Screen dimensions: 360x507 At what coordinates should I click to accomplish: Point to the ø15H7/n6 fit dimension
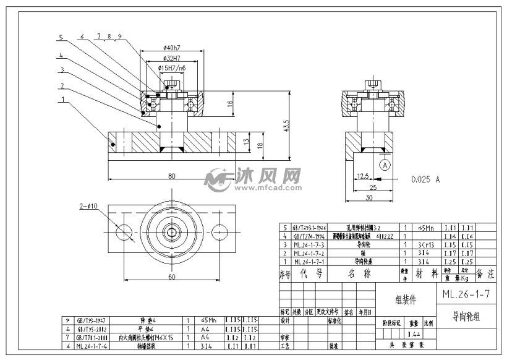(x=171, y=67)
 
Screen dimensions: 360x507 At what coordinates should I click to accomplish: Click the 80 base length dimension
(x=171, y=175)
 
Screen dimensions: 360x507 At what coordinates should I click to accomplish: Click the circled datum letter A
(x=385, y=165)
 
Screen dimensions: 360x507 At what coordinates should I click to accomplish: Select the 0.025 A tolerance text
(x=425, y=179)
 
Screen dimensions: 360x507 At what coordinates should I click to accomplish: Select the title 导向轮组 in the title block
(x=466, y=316)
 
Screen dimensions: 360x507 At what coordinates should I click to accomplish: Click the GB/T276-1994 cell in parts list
(x=309, y=236)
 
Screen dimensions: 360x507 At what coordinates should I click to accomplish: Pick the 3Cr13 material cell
(x=424, y=244)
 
